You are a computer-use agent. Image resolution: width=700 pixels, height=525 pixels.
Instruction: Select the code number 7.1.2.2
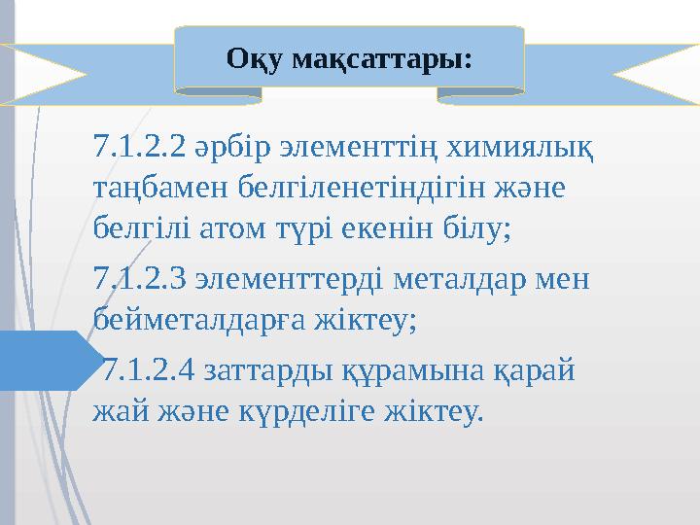138,150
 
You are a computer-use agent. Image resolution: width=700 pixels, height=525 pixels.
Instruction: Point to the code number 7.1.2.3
138,280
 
